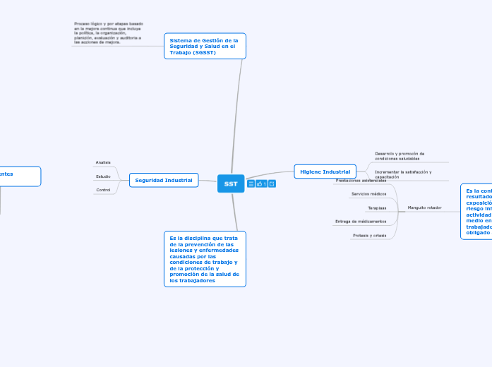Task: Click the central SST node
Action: [x=230, y=183]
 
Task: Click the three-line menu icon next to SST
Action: [x=251, y=184]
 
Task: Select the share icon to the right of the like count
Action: [x=272, y=184]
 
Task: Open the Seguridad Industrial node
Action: [x=164, y=180]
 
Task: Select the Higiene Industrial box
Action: [x=325, y=172]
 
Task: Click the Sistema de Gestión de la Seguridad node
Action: [x=205, y=47]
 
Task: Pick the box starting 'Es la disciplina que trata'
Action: [x=205, y=259]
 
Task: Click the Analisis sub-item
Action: [x=103, y=162]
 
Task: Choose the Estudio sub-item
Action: [x=103, y=176]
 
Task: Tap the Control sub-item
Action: [x=103, y=190]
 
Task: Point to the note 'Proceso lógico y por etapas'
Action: [x=108, y=33]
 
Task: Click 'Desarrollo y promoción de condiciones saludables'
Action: [x=400, y=156]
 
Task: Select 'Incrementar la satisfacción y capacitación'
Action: [x=403, y=174]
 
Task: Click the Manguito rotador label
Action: [x=425, y=207]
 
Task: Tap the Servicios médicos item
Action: [x=368, y=193]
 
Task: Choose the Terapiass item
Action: [x=377, y=207]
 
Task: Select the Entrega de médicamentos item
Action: [x=361, y=222]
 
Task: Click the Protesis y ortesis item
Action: [x=369, y=235]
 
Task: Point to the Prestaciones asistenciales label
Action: [x=361, y=181]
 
